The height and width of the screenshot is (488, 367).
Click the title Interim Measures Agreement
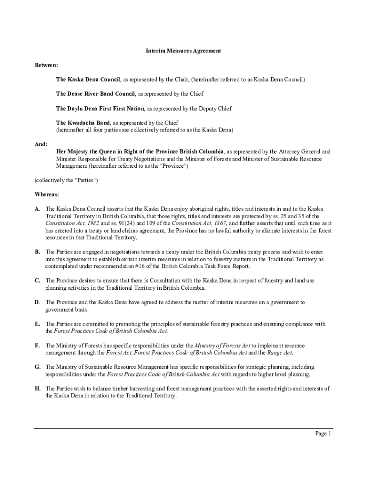tap(183, 51)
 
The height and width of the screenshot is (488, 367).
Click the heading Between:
tap(46, 64)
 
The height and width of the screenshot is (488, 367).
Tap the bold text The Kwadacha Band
tap(82, 122)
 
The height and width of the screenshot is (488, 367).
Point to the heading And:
tap(41, 143)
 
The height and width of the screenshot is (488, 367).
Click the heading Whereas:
tap(47, 194)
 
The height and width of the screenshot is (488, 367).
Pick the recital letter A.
tap(37, 209)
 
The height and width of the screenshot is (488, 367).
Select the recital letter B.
tap(37, 252)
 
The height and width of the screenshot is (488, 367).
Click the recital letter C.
tap(37, 281)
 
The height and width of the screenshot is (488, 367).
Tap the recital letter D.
tap(37, 302)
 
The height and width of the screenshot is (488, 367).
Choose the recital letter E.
tap(37, 324)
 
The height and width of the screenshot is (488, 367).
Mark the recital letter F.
tap(37, 346)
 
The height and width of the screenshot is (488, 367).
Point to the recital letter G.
tap(37, 367)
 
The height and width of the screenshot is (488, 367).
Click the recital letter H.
tap(37, 388)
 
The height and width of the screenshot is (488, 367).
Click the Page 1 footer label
tap(323, 433)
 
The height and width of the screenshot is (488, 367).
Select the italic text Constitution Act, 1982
tap(72, 223)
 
